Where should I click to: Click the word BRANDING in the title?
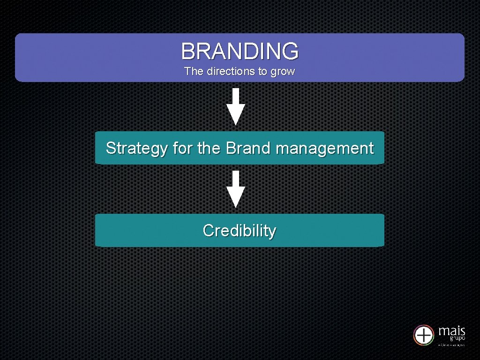coord(240,51)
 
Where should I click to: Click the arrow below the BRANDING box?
coord(236,106)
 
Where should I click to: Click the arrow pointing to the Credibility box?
coord(236,189)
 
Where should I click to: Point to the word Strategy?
coord(136,149)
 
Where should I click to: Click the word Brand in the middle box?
coord(248,148)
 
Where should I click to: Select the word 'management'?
coord(324,149)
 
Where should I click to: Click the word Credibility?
coord(240,231)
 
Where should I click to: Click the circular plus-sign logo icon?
coord(424,335)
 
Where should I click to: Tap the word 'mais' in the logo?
coord(452,331)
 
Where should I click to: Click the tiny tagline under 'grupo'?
coord(451,345)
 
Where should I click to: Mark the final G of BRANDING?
coord(290,51)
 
